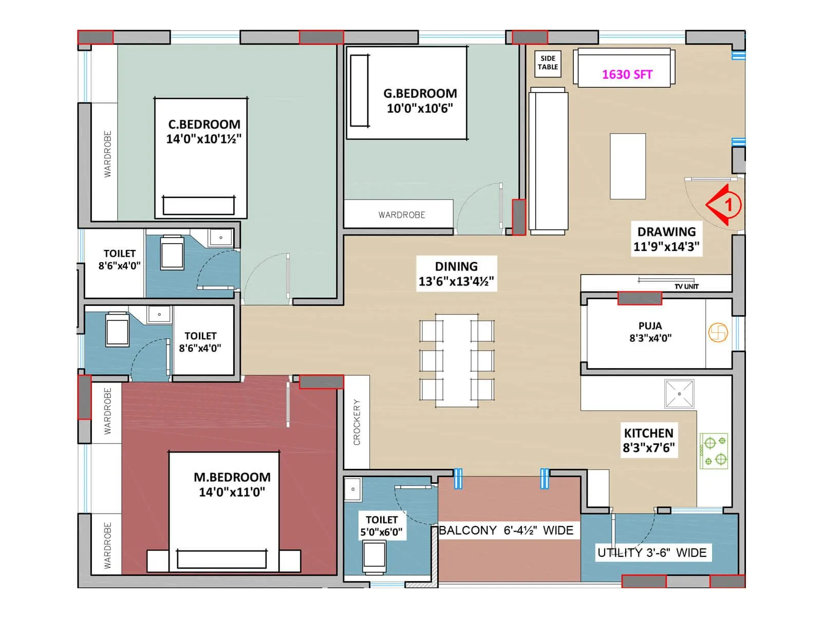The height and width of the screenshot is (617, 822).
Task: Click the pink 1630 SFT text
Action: coord(627,75)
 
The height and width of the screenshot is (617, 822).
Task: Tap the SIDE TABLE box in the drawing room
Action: coord(548,63)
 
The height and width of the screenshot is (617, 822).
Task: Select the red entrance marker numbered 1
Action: coord(724,205)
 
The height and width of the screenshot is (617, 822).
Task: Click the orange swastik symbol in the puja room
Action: coord(718,333)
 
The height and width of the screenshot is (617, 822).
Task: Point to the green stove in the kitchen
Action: coord(714,450)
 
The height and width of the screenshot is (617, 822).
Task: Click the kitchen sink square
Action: coord(679,394)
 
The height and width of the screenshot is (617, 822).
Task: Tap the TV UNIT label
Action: coord(686,286)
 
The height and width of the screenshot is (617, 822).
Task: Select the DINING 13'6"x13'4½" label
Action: coord(456,274)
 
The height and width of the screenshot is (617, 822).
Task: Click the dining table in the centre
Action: coord(457,360)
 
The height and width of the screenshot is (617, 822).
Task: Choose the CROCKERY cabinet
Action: coord(357,422)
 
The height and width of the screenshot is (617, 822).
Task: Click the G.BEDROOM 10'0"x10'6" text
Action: coord(420,101)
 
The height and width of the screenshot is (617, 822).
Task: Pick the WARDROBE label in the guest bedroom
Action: coord(402,215)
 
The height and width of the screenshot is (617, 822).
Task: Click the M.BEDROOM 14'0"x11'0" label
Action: coord(232,484)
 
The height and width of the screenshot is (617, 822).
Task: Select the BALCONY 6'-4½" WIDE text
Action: coord(506,530)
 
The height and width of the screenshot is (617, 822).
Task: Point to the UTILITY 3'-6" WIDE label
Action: coord(651,553)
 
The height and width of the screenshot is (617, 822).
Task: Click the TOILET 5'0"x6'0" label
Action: coord(381,525)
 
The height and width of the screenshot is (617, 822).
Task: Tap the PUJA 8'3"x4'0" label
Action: coord(650,332)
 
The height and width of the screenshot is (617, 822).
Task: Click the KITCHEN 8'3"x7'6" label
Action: coord(648,440)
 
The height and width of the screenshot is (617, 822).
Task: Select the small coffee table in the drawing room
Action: coord(628,166)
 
